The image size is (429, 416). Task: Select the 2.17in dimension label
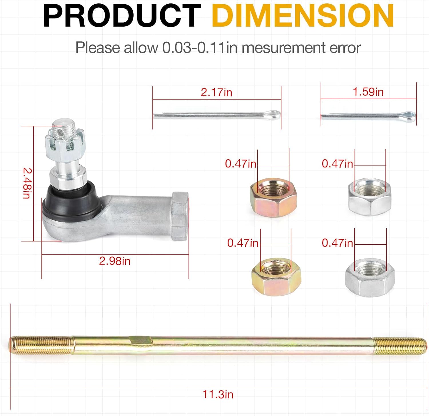coord(216,92)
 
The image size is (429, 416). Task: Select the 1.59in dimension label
coord(368,92)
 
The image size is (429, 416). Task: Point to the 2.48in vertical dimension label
coord(27,183)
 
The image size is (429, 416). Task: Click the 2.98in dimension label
coord(115,261)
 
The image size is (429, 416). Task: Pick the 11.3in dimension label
coord(218,394)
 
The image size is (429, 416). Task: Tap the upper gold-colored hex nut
coord(273,198)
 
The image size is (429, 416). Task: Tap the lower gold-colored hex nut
coord(276,277)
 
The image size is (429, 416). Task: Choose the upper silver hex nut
coord(370,197)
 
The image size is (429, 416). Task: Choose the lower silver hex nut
coord(370,278)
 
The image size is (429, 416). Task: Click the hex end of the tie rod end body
coord(180,216)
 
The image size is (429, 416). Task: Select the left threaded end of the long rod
coord(40,345)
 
